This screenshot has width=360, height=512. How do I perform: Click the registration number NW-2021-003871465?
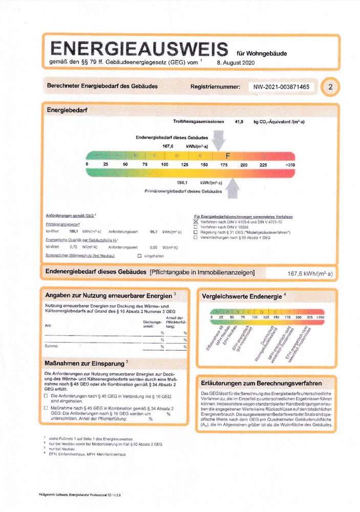[x=281, y=87]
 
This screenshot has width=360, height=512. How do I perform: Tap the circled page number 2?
[x=331, y=87]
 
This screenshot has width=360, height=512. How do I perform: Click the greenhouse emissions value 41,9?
[x=239, y=122]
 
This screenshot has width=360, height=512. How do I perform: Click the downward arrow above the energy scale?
[x=218, y=140]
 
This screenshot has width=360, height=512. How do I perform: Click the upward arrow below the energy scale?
[x=232, y=187]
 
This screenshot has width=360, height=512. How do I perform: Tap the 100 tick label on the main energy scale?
[x=165, y=164]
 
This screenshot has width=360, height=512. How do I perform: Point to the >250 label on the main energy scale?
[x=290, y=164]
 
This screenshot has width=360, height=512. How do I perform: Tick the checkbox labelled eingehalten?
[x=139, y=255]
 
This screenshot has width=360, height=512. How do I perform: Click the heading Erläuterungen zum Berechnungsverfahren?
[x=261, y=382]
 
